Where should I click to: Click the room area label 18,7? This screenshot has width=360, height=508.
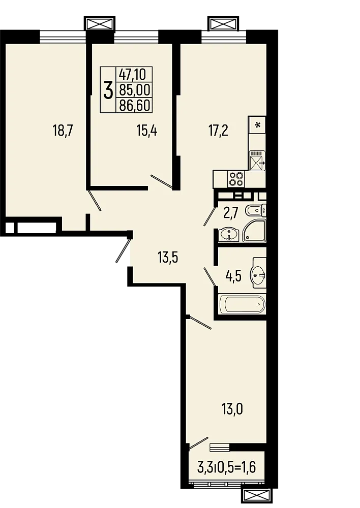(x=64, y=131)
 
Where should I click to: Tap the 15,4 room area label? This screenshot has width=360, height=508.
(x=146, y=131)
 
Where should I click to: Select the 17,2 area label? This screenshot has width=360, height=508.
(x=218, y=131)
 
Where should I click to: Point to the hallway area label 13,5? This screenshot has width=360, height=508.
(x=168, y=258)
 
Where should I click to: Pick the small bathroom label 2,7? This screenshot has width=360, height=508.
(x=231, y=212)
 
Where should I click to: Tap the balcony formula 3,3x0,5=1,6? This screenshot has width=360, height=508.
(x=225, y=466)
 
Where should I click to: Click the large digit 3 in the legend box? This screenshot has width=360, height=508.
(x=108, y=91)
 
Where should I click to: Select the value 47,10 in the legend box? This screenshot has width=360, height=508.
(x=132, y=75)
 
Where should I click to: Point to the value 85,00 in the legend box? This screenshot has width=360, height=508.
(x=132, y=90)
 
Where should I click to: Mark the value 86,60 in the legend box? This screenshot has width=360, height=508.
(x=132, y=105)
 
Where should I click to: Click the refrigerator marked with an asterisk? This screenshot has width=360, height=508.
(x=257, y=124)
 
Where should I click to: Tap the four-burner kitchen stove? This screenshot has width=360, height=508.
(x=237, y=178)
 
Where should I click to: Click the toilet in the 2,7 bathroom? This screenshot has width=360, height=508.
(x=254, y=210)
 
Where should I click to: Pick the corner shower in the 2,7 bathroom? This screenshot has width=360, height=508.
(x=255, y=232)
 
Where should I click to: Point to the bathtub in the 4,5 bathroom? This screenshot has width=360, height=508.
(x=242, y=306)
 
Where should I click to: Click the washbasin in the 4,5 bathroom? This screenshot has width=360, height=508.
(x=258, y=276)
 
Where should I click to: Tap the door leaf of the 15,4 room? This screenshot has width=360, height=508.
(x=162, y=182)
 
